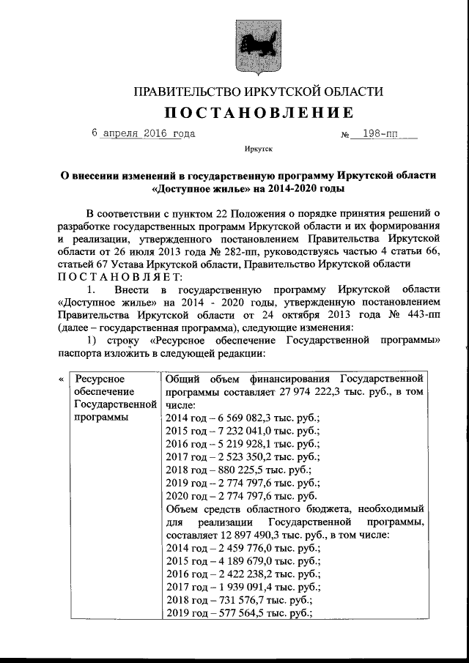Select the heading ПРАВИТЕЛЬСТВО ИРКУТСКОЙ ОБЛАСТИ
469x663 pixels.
pos(257,91)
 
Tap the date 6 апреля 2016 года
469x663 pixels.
pos(143,134)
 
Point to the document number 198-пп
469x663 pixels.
pos(380,135)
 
